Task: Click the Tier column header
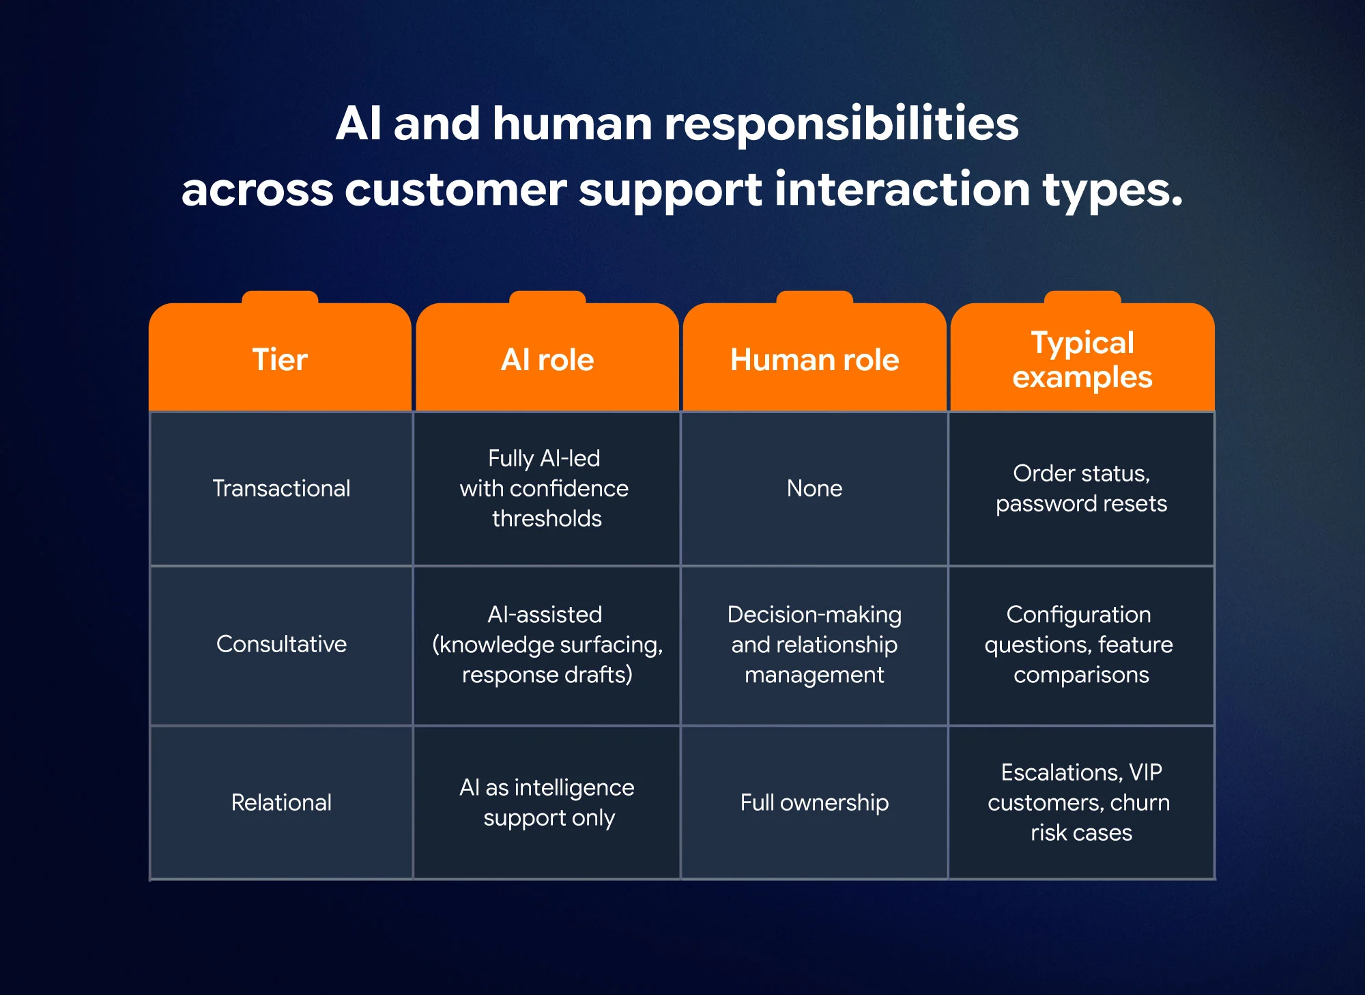[x=280, y=359]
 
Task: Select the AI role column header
[x=547, y=359]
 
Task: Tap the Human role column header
[x=814, y=359]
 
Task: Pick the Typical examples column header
[x=1082, y=359]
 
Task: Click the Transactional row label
[x=281, y=488]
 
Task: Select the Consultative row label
[x=281, y=644]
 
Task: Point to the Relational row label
[x=281, y=802]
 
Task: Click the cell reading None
[x=814, y=488]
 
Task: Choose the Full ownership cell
[x=814, y=802]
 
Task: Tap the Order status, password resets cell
[x=1081, y=488]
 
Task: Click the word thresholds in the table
[x=547, y=518]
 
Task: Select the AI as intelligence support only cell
[x=547, y=802]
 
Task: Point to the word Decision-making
[x=814, y=615]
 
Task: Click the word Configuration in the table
[x=1078, y=615]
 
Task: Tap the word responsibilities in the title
[x=841, y=124]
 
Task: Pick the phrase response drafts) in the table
[x=547, y=675]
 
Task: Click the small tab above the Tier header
[x=280, y=297]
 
